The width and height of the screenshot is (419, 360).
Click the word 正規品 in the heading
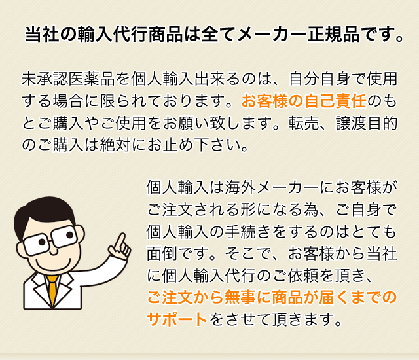tap(333, 35)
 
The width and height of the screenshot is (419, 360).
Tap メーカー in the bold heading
tap(271, 35)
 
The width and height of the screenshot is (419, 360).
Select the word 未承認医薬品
tap(68, 79)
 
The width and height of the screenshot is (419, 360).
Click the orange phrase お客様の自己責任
tap(304, 101)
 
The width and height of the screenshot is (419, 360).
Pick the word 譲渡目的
tap(367, 123)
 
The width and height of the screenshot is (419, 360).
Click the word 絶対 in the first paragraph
tap(115, 145)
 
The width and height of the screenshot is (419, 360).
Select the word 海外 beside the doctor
tap(240, 187)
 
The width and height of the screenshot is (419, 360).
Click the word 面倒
tap(162, 253)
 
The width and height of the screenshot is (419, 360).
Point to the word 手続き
tap(247, 231)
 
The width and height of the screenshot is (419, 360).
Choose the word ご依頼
tap(296, 276)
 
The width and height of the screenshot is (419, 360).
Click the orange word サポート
tap(177, 319)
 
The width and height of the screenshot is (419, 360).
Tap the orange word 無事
tap(240, 297)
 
